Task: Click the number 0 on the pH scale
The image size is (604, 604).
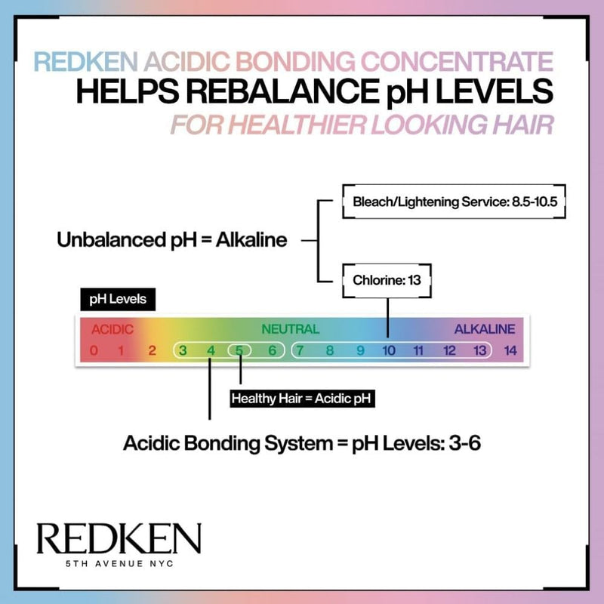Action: pyautogui.click(x=94, y=350)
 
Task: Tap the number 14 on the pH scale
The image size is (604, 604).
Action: pyautogui.click(x=510, y=350)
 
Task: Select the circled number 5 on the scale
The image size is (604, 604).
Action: pyautogui.click(x=239, y=350)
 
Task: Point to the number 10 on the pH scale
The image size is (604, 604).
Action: pyautogui.click(x=389, y=350)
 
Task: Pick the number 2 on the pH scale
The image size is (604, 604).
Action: pyautogui.click(x=153, y=350)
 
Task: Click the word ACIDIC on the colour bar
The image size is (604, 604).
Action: pyautogui.click(x=112, y=329)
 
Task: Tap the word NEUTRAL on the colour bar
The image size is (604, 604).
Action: pyautogui.click(x=291, y=329)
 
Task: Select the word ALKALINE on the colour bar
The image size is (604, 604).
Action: pyautogui.click(x=485, y=329)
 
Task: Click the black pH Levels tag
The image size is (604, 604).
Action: pyautogui.click(x=118, y=299)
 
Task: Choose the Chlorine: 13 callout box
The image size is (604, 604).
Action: pyautogui.click(x=387, y=280)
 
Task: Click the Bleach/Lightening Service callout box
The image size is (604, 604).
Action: pyautogui.click(x=455, y=202)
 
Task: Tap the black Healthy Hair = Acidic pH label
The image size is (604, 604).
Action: pyautogui.click(x=302, y=399)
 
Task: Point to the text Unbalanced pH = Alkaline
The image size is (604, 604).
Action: pyautogui.click(x=172, y=240)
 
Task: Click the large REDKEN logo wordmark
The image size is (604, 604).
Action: pyautogui.click(x=119, y=538)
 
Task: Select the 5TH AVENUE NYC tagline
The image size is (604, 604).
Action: pyautogui.click(x=119, y=563)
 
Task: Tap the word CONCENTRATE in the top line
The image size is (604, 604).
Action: pyautogui.click(x=457, y=62)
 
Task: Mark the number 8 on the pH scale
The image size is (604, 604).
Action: pyautogui.click(x=330, y=350)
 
